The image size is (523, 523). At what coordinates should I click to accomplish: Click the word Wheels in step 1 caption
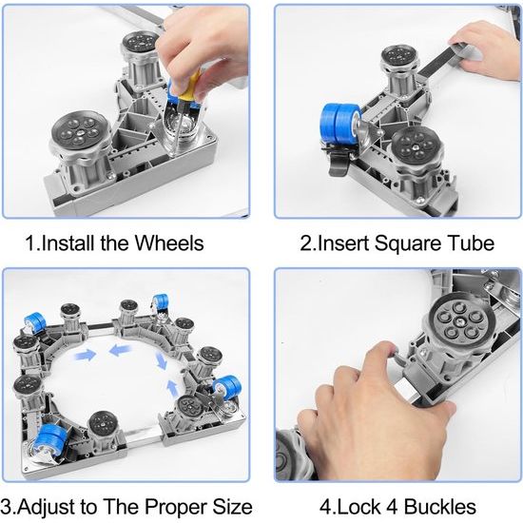tap(169, 242)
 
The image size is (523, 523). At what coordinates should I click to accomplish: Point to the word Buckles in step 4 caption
tap(440, 507)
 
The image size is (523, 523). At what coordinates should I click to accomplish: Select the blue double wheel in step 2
tap(340, 125)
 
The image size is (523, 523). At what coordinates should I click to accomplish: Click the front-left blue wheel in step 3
tap(50, 439)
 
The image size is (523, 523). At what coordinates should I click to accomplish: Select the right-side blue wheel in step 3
tap(228, 388)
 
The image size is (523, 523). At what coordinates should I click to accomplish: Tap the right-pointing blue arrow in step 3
tap(87, 355)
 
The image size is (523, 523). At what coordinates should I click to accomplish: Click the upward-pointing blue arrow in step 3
tap(172, 389)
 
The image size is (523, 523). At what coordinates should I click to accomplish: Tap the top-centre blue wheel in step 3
tap(160, 300)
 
